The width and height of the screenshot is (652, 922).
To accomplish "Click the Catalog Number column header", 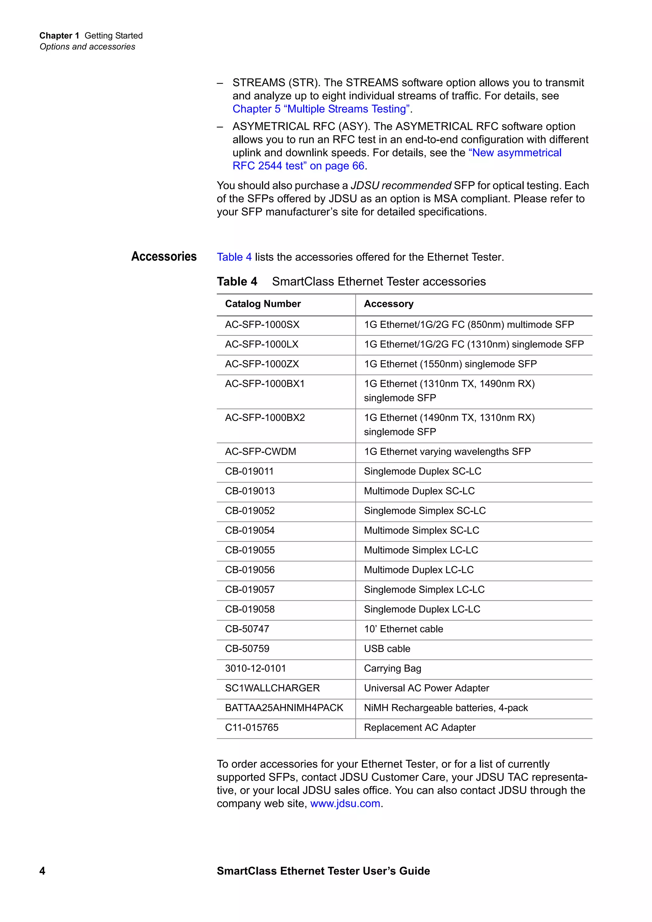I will tap(263, 304).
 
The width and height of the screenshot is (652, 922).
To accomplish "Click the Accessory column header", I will tap(388, 304).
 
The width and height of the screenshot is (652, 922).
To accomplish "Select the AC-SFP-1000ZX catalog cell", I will tap(262, 364).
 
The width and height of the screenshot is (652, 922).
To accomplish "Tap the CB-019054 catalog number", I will tap(250, 530).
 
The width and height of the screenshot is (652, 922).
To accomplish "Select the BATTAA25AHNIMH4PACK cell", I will tap(284, 708).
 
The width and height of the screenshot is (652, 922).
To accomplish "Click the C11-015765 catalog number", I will tap(252, 727).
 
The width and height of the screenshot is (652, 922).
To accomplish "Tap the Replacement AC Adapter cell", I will tap(419, 727).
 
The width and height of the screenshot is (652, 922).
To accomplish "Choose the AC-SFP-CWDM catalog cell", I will tap(260, 451).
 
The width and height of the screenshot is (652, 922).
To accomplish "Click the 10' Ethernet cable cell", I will tap(403, 629).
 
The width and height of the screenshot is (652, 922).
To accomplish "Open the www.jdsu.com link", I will tap(345, 804).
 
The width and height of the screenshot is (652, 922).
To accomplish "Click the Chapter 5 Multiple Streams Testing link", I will tap(321, 109).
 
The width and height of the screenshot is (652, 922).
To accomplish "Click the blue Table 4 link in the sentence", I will tap(234, 257).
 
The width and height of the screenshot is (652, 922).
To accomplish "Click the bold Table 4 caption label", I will tap(237, 282).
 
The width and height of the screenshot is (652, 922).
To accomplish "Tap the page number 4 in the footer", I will tap(42, 870).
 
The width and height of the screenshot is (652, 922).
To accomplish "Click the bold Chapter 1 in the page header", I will tap(59, 36).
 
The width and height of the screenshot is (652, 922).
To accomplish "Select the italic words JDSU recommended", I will tap(401, 185).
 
